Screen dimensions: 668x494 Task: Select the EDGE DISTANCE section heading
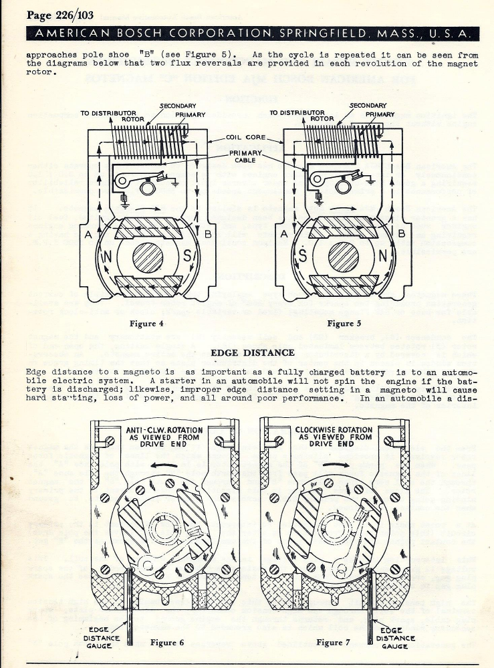point(252,352)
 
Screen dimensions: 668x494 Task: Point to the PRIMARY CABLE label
point(247,156)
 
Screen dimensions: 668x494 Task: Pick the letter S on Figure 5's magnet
point(303,257)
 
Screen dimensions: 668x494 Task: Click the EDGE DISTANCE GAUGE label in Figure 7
point(396,638)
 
